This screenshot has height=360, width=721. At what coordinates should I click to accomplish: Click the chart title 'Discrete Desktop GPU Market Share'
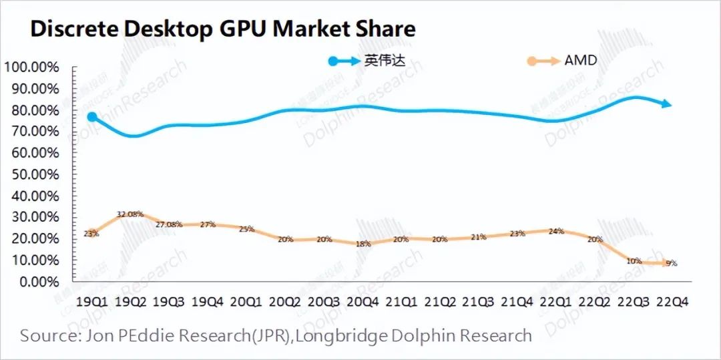(x=223, y=28)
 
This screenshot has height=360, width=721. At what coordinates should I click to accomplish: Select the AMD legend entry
(x=579, y=61)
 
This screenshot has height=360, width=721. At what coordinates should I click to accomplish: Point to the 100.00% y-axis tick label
(x=31, y=67)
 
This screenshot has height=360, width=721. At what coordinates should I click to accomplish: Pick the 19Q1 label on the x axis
(x=91, y=301)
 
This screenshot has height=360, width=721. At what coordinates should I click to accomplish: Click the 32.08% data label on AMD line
(x=130, y=214)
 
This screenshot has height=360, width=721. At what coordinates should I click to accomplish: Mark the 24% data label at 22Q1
(x=555, y=231)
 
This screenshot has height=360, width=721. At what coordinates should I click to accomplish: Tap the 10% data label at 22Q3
(x=633, y=261)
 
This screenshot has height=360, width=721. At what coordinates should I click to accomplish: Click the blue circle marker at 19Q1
(x=92, y=117)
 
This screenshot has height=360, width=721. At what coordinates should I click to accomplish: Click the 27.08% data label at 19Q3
(x=169, y=224)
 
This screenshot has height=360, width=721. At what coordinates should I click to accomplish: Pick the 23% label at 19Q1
(x=91, y=233)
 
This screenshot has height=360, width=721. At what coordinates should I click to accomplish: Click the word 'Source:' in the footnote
(x=47, y=335)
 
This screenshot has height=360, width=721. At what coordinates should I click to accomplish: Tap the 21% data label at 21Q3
(x=477, y=237)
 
